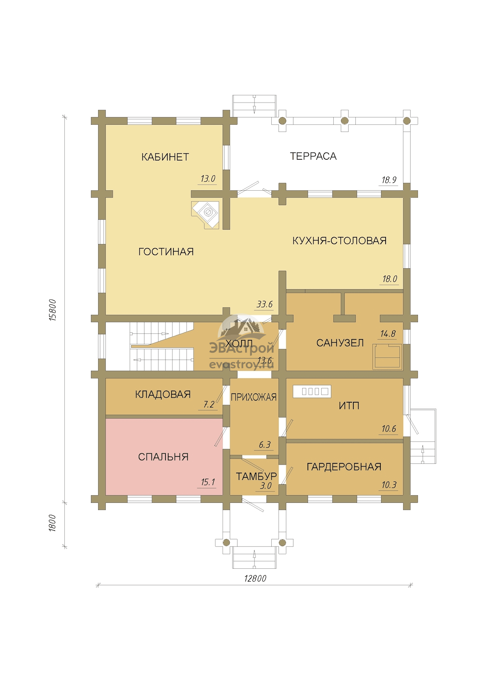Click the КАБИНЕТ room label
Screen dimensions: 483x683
click(165, 157)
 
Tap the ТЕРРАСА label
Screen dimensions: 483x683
click(313, 156)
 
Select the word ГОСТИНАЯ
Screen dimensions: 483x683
click(166, 251)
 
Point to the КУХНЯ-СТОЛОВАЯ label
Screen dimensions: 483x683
click(339, 241)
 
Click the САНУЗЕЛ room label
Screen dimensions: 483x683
click(340, 343)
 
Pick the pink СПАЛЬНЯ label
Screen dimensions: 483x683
click(163, 457)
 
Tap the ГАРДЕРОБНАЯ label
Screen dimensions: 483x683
click(344, 467)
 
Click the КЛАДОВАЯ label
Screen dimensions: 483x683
click(163, 394)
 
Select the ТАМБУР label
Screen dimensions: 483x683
click(256, 476)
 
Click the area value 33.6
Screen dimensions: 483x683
click(264, 304)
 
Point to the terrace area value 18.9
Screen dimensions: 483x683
click(389, 180)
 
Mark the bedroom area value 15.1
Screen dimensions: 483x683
click(208, 482)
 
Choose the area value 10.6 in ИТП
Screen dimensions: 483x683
click(389, 429)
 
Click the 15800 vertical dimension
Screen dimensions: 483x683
click(52, 310)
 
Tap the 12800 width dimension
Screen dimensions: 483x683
click(255, 578)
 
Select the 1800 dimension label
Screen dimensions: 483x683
click(52, 523)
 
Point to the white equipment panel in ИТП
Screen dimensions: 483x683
click(312, 391)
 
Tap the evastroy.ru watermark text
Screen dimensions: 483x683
click(242, 365)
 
